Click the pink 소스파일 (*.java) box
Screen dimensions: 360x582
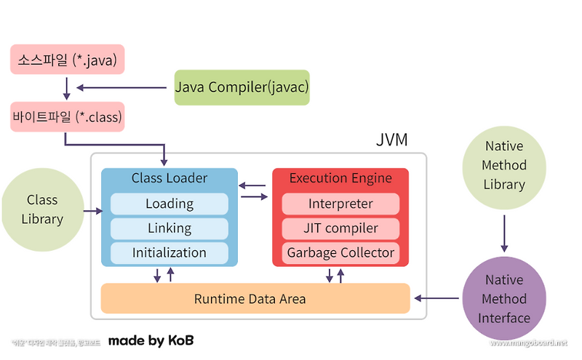(67, 59)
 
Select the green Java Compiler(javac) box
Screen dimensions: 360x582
(242, 87)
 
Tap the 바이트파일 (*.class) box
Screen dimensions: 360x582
(67, 116)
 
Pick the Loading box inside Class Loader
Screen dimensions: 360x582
(169, 204)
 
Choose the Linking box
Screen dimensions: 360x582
(169, 228)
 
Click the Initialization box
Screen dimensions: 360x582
(169, 253)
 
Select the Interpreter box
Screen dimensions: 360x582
(340, 204)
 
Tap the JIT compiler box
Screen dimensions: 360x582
(340, 228)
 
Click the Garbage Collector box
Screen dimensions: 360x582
(340, 253)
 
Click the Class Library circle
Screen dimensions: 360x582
(42, 209)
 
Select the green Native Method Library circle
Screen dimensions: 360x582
(504, 166)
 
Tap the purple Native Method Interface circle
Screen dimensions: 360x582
(504, 299)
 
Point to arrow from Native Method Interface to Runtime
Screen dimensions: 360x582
(436, 298)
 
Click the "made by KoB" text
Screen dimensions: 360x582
(151, 340)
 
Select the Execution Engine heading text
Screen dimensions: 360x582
(340, 178)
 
